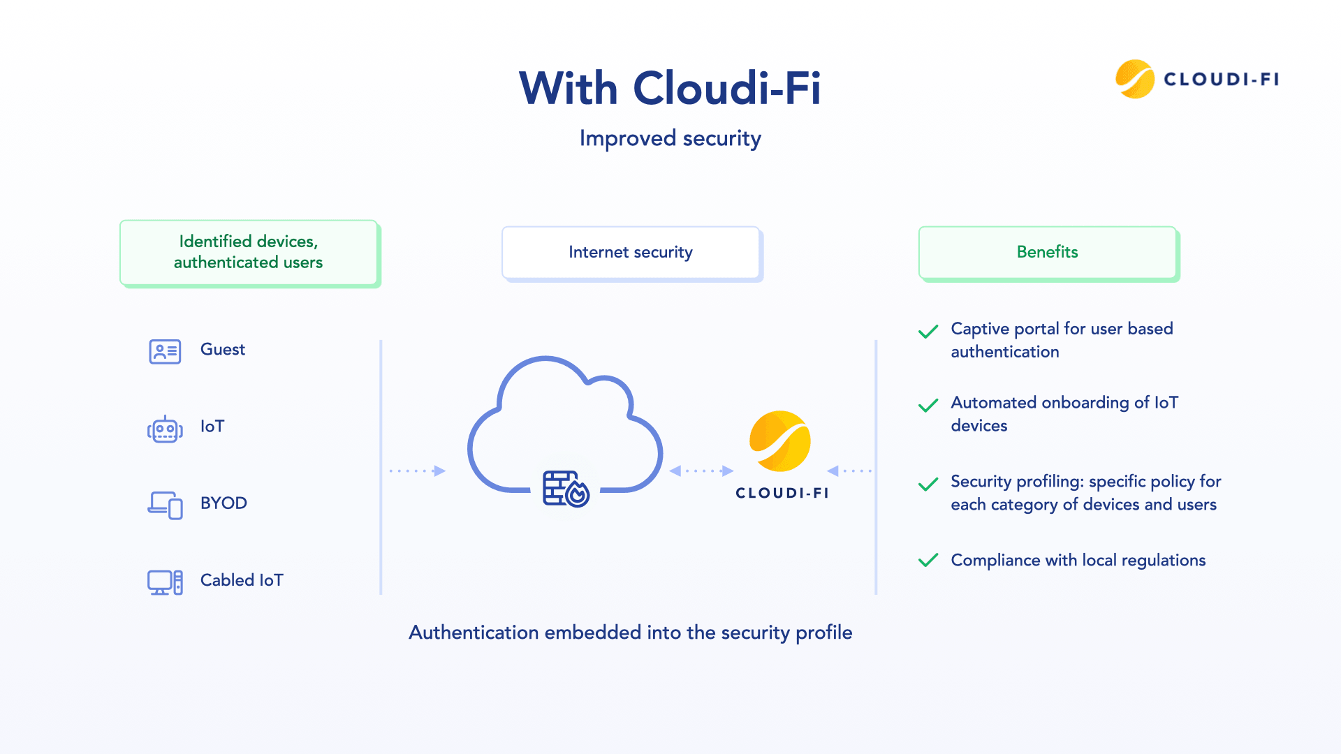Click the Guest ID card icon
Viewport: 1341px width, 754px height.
tap(165, 351)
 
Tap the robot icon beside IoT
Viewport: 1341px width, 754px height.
tap(165, 429)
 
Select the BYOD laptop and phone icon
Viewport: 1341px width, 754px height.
tap(165, 505)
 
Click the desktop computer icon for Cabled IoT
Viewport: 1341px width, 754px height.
tap(165, 582)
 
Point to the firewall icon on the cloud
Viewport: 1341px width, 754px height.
tap(566, 488)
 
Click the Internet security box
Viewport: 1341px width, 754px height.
tap(631, 252)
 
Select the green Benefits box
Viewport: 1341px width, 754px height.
tap(1047, 252)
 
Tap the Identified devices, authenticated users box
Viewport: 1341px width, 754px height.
tap(249, 252)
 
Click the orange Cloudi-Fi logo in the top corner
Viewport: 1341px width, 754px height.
tap(1134, 79)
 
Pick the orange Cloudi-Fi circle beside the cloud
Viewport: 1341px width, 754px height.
tap(779, 441)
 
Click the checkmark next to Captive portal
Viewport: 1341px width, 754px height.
tap(928, 332)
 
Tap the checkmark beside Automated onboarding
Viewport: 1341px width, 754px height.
tap(928, 406)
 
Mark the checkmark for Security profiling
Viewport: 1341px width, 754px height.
tap(928, 485)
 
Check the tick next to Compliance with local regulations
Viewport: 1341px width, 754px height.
tap(928, 561)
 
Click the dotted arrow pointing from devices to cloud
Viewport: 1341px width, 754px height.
tap(418, 471)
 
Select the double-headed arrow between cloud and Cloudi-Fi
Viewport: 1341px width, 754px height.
tap(701, 471)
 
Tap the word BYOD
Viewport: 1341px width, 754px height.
tap(223, 503)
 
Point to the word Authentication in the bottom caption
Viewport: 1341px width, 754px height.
tap(474, 633)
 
